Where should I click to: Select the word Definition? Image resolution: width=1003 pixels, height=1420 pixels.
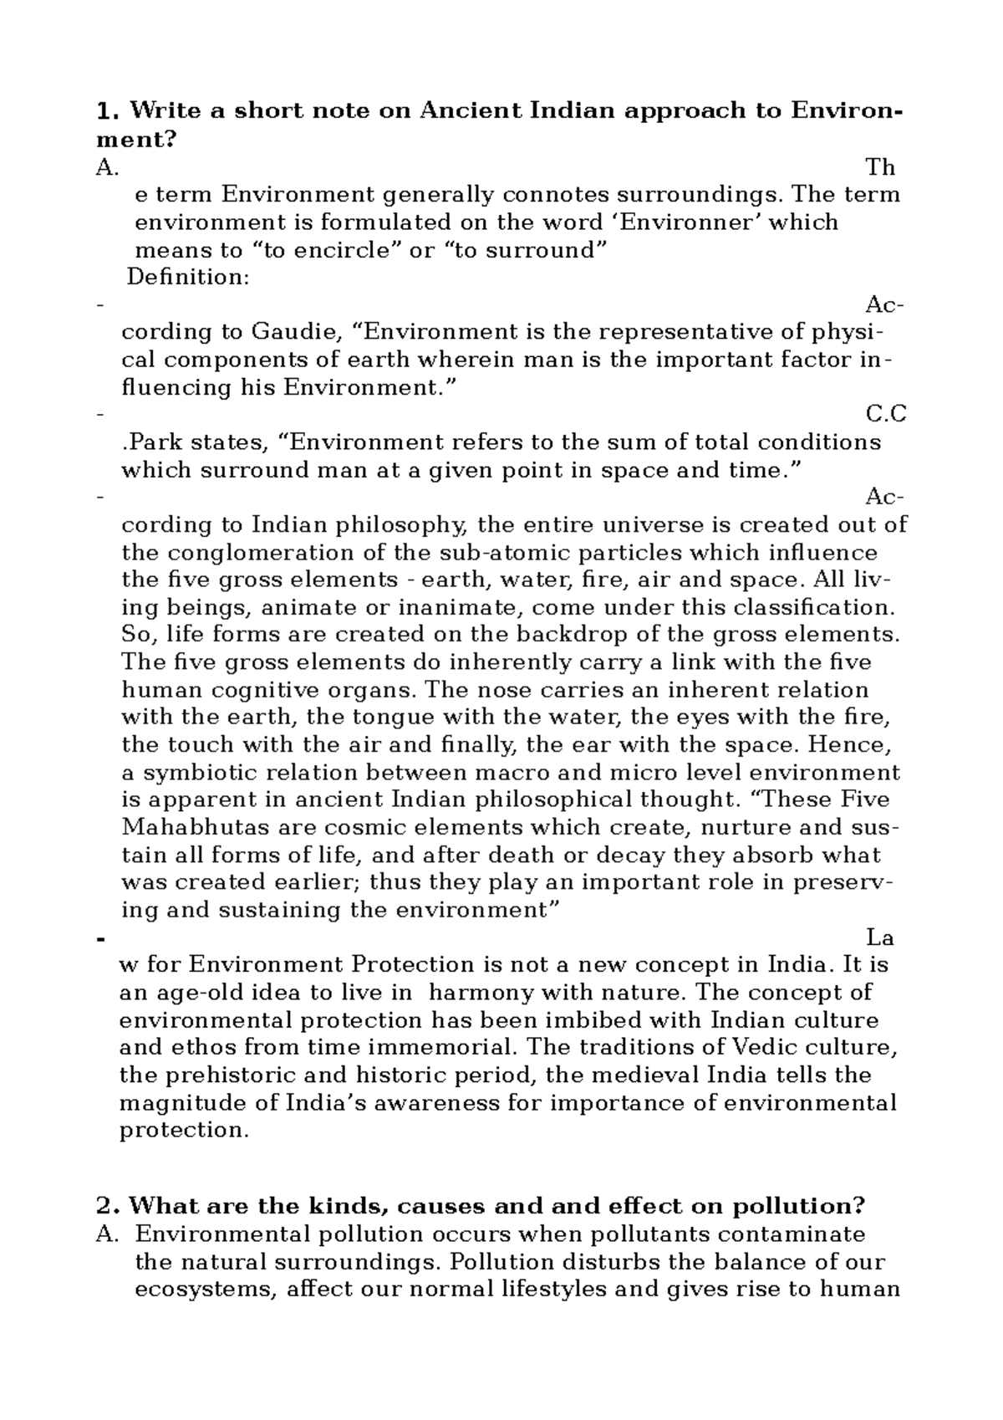point(188,278)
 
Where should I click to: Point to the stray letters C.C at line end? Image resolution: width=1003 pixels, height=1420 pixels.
point(886,415)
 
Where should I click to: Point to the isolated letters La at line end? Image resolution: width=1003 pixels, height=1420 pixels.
point(882,938)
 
